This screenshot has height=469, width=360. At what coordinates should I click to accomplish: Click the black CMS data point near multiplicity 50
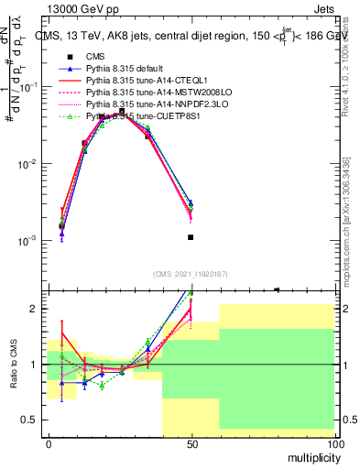(191, 237)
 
